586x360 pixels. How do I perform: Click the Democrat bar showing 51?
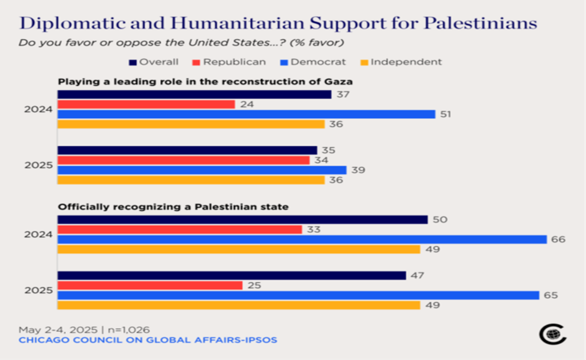[246, 114]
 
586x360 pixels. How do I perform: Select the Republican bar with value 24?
[146, 104]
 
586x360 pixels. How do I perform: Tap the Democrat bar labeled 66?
[302, 239]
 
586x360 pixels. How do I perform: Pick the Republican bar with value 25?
[149, 285]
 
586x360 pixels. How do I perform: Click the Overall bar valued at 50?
[242, 220]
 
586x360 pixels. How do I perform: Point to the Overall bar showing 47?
[232, 275]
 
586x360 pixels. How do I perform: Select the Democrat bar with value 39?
[202, 170]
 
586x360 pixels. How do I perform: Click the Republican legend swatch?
[196, 62]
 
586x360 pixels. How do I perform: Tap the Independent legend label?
[406, 62]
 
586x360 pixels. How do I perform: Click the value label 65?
[551, 295]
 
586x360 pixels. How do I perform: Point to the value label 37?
[344, 94]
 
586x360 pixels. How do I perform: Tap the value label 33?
[314, 229]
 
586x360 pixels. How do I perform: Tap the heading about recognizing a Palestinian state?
[173, 207]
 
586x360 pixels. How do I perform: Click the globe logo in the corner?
[552, 334]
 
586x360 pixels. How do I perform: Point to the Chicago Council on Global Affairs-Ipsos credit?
[148, 340]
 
